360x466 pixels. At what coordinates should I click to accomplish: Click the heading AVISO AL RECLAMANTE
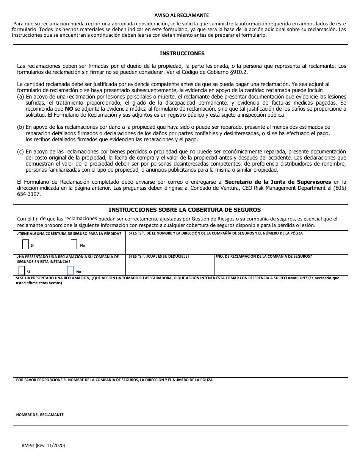(x=181, y=16)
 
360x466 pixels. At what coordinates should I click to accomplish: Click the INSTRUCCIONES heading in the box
(x=182, y=53)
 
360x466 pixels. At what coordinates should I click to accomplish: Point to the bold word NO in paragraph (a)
(x=69, y=109)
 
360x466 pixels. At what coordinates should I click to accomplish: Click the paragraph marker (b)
(x=20, y=127)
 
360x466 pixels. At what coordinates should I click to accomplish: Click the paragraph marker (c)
(x=20, y=152)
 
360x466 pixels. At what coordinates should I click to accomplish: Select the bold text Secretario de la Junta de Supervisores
(x=278, y=182)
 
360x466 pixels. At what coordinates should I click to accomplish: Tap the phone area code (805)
(x=340, y=188)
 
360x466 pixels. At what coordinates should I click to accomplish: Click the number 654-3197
(x=29, y=194)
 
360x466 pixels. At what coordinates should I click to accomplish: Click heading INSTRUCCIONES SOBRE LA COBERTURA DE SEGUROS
(x=185, y=210)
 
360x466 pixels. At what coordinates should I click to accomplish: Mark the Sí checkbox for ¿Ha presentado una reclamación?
(x=22, y=271)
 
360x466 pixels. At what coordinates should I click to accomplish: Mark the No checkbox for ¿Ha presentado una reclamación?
(x=70, y=271)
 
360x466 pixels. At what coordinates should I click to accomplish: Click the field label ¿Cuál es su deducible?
(x=159, y=256)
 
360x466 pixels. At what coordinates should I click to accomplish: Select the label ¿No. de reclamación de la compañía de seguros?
(x=264, y=256)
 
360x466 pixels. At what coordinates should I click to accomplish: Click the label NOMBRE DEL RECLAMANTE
(x=40, y=415)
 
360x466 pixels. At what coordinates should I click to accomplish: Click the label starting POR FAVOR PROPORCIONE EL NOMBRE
(x=114, y=380)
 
